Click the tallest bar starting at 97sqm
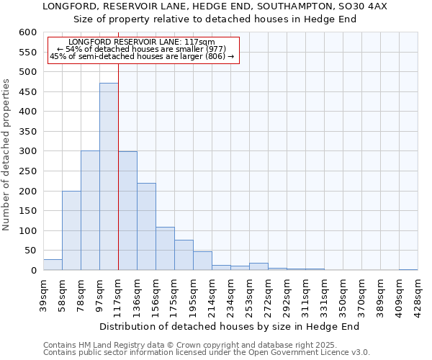click(109, 176)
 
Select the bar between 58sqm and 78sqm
click(71, 230)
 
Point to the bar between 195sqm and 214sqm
click(202, 261)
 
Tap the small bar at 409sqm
click(408, 269)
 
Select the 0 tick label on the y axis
click(33, 271)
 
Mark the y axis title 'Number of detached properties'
click(7, 155)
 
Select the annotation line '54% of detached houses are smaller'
click(141, 49)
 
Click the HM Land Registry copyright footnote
click(190, 345)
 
